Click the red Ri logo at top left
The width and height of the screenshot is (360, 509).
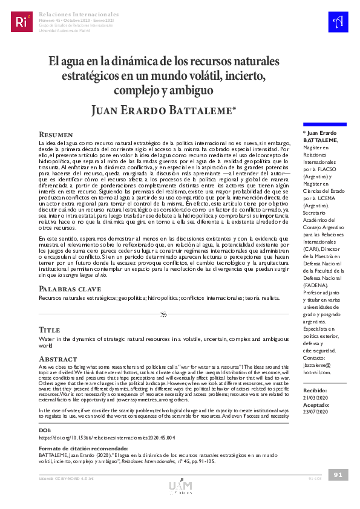coord(22,22)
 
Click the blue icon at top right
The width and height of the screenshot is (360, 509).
coord(337,22)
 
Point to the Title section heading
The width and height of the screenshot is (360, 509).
coord(49,330)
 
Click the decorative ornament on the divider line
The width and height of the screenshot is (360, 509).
coord(163,314)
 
